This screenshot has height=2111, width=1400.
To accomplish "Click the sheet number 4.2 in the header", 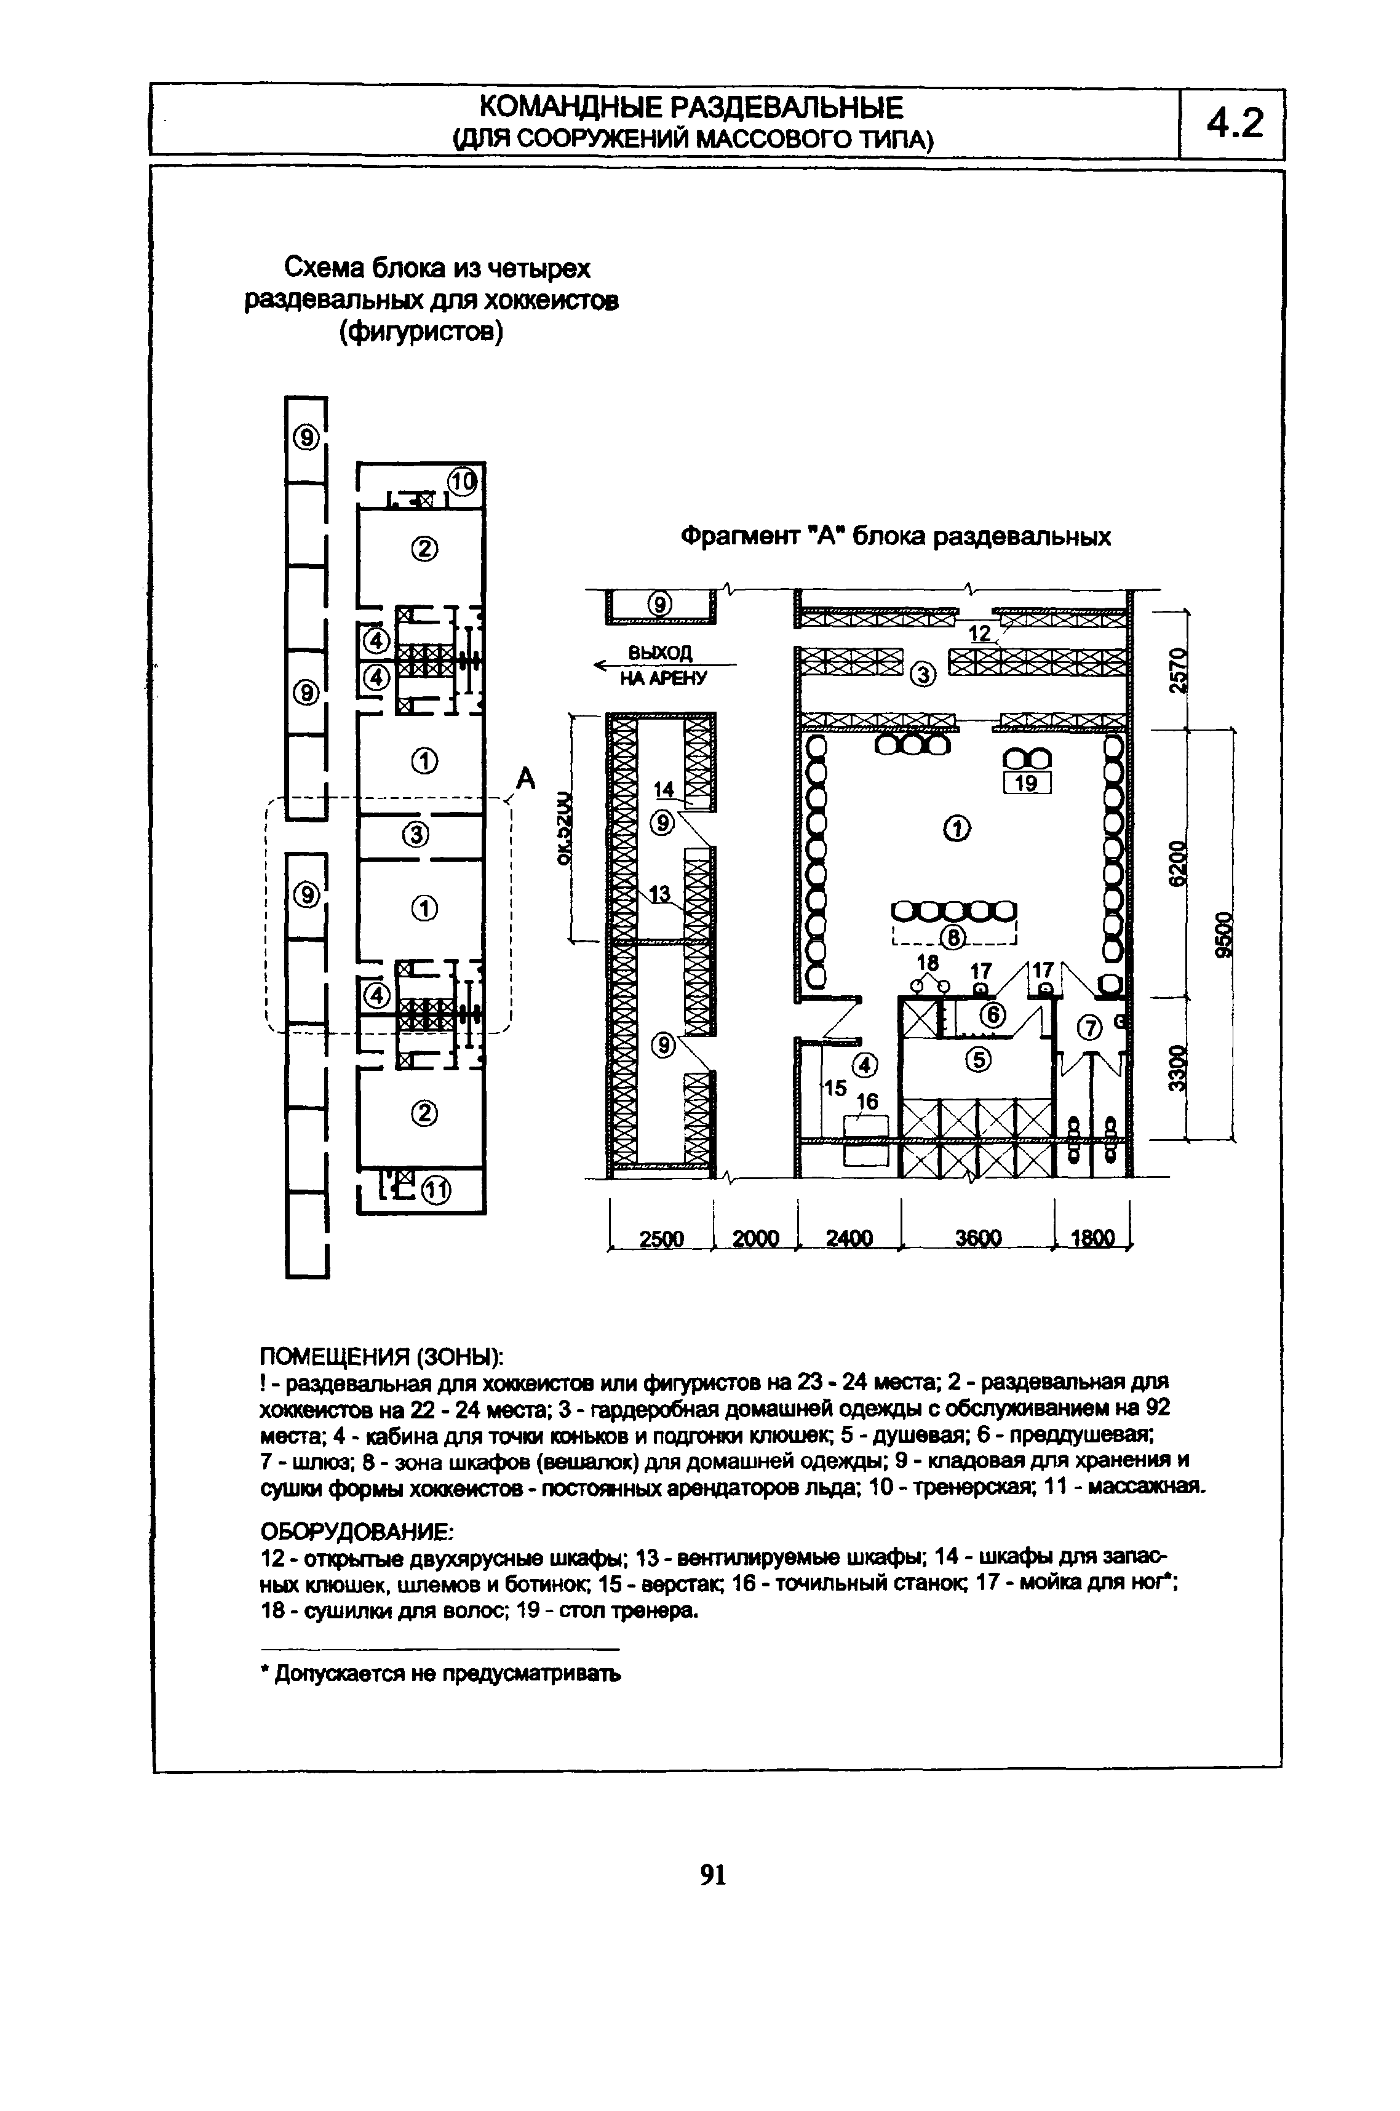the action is point(1235,123).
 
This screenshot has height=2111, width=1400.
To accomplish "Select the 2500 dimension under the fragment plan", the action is point(662,1238).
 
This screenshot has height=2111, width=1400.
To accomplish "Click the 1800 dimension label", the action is point(1093,1238).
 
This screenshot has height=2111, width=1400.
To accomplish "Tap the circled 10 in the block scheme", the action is point(463,483).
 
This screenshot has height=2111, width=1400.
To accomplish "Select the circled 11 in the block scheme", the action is point(435,1191).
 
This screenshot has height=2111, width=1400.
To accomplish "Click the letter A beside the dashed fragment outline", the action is point(526,779).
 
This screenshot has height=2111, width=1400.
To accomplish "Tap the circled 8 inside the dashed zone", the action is point(953,937).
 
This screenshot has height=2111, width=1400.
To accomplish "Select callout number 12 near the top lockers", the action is point(980,634).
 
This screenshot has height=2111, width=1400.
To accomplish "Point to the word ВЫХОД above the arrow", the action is point(660,653).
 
